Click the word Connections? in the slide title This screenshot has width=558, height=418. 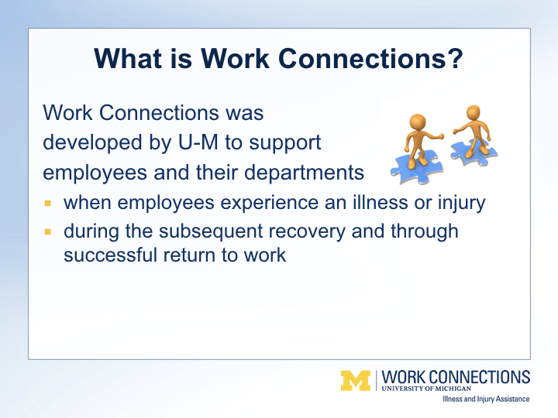[x=370, y=58]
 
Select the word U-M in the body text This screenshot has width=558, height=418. [x=198, y=142]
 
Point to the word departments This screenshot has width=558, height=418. [x=304, y=173]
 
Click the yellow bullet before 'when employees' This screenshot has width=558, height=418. [x=48, y=204]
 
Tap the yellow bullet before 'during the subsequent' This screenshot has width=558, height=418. [x=48, y=232]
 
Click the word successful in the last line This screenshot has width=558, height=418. [x=110, y=255]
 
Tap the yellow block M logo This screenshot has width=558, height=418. [x=356, y=381]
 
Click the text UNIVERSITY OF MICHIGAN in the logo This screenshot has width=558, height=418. [x=426, y=389]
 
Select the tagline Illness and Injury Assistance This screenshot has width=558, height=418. [x=486, y=399]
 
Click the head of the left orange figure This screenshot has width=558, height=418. [x=418, y=122]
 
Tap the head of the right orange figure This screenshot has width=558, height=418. [x=473, y=113]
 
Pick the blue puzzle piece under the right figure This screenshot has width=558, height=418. [x=474, y=152]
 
